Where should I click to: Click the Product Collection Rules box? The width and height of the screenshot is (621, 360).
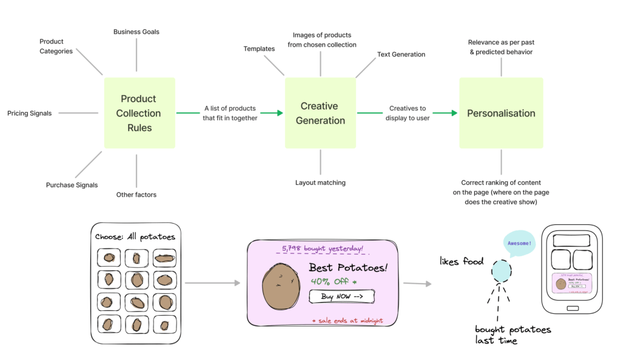[139, 113]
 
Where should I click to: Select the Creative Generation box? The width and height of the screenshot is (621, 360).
[320, 113]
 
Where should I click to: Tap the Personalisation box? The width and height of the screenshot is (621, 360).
[501, 113]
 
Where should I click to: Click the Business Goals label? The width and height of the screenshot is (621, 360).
[136, 32]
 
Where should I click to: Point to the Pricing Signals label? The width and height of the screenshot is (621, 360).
[29, 113]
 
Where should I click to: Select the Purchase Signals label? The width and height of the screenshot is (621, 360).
[72, 185]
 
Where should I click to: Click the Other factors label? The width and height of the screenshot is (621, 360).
[136, 195]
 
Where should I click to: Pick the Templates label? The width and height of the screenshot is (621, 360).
[259, 48]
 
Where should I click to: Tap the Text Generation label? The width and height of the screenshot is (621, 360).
[401, 54]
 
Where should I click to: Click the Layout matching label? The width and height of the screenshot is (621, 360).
[320, 182]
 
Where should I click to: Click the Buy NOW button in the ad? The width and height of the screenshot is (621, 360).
[341, 296]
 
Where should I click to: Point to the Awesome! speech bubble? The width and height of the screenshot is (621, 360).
[519, 244]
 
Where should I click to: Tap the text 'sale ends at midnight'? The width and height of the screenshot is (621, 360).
[347, 320]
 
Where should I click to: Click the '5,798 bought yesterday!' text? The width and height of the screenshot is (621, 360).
[323, 248]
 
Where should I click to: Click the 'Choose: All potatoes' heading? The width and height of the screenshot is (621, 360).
[135, 236]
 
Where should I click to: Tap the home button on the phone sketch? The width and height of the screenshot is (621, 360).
[572, 308]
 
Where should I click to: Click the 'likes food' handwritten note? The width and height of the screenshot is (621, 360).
[462, 261]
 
